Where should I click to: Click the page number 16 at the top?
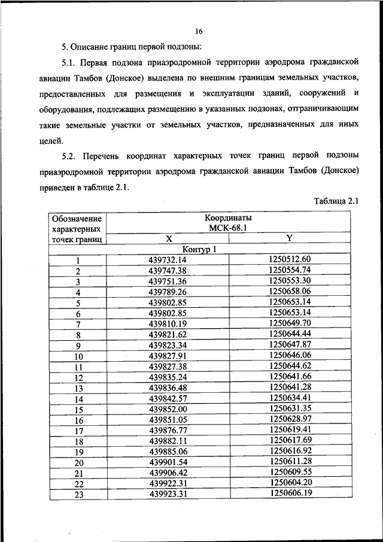coord(199,31)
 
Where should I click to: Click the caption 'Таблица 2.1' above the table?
coord(336,201)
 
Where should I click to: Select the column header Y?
coord(290,238)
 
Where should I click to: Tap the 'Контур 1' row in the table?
coord(199,250)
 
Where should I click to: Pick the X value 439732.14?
coord(168,261)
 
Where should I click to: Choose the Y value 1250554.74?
coord(290,271)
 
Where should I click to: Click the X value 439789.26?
coord(168,292)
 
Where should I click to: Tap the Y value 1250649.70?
coord(290,323)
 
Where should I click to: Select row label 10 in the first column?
coord(78,357)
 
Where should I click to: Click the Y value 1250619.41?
coord(290,429)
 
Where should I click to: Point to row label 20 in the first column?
coord(78,462)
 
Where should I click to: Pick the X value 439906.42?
coord(168,472)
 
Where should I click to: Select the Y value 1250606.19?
coord(290,493)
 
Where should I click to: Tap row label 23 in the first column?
coord(78,495)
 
